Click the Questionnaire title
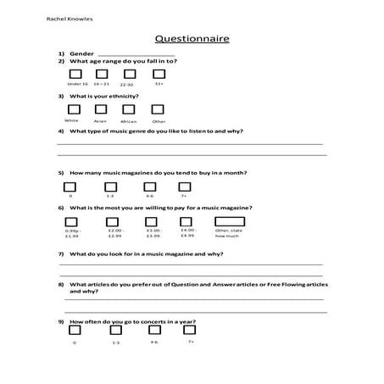[192, 38]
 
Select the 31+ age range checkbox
[159, 75]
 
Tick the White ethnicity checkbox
[73, 109]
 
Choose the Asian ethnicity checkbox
[100, 109]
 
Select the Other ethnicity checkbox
[159, 109]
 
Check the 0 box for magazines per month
[71, 186]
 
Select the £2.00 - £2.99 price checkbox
[114, 221]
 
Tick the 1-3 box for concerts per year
[115, 332]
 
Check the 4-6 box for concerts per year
[153, 332]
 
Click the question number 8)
[62, 284]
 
